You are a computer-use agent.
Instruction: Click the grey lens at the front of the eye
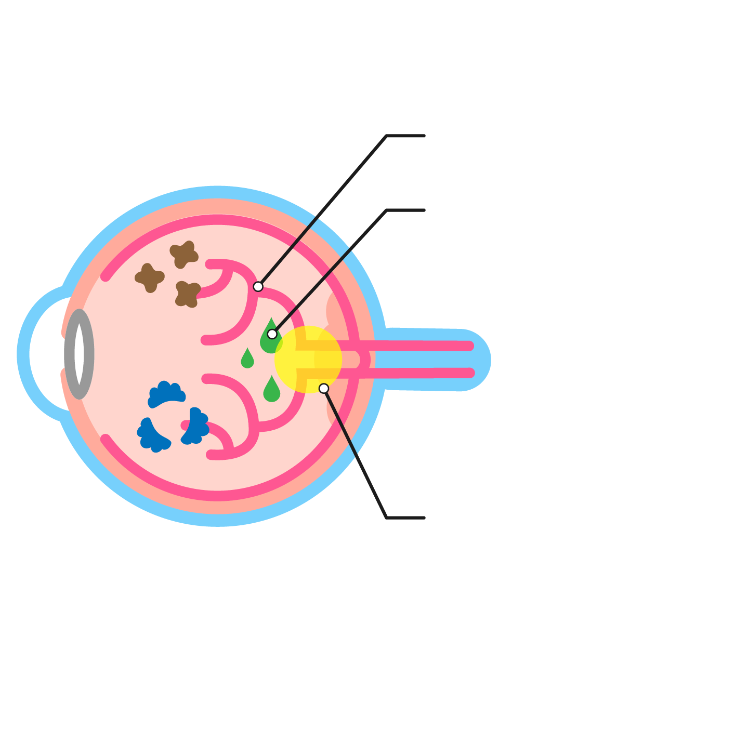pyautogui.click(x=79, y=354)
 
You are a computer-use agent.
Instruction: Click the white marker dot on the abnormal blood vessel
pyautogui.click(x=258, y=286)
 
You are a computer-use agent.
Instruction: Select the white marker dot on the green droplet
pyautogui.click(x=272, y=334)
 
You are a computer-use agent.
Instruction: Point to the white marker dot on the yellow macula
pyautogui.click(x=324, y=388)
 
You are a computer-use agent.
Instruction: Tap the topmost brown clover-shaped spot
pyautogui.click(x=184, y=254)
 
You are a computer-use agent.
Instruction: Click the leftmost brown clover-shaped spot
pyautogui.click(x=150, y=277)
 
